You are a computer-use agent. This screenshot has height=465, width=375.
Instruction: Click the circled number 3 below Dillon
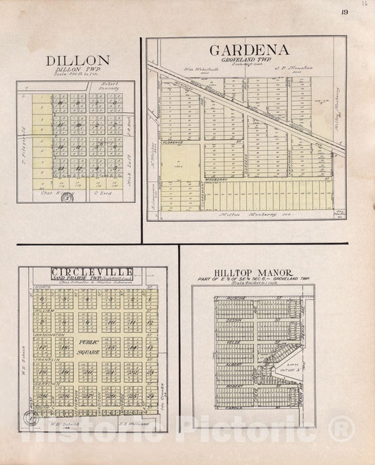click(68, 197)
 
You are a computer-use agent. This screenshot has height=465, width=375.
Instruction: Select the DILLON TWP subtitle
click(77, 70)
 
